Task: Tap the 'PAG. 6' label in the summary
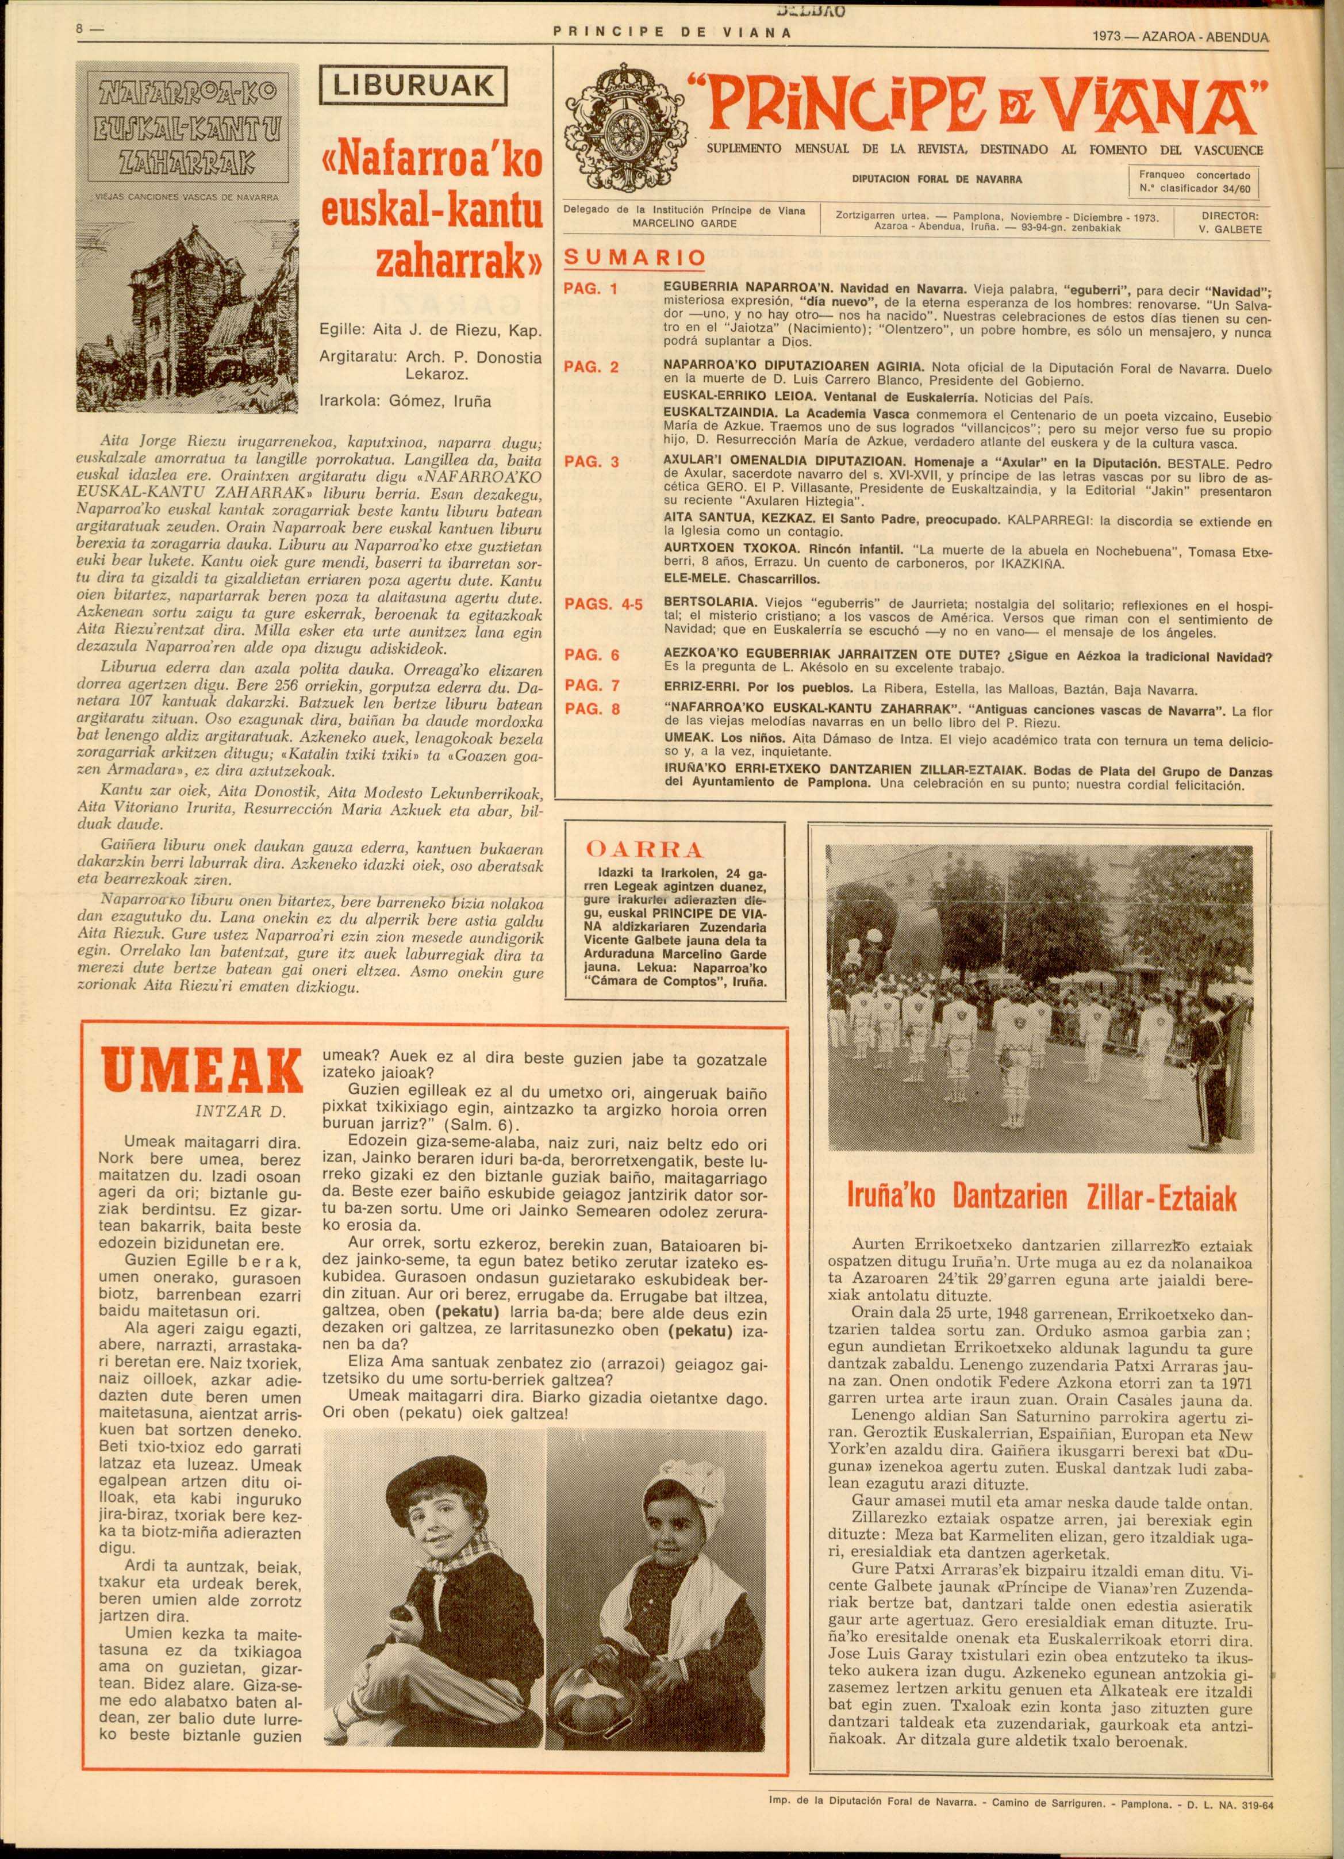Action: [593, 655]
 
